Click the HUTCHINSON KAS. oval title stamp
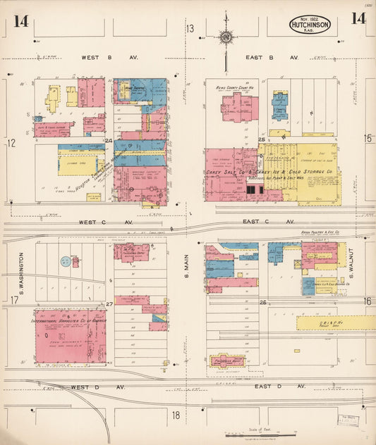click(309, 25)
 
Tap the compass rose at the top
click(226, 37)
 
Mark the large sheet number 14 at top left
click(20, 20)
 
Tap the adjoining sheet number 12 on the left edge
click(11, 143)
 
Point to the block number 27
click(110, 304)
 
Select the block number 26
click(262, 303)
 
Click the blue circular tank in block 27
click(66, 261)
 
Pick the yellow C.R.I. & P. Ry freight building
click(335, 322)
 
